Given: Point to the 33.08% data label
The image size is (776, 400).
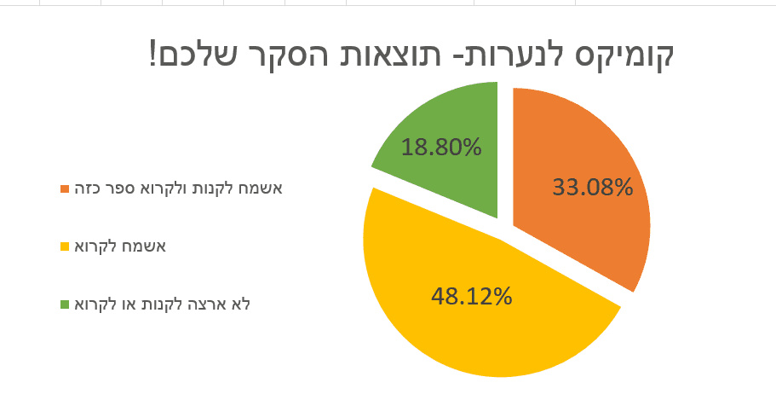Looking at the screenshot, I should pos(593,187).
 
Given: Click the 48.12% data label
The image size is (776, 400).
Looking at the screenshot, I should pos(471,296).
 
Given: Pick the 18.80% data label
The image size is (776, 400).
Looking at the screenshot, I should pos(441,147).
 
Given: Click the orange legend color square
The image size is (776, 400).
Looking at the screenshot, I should pos(65,188).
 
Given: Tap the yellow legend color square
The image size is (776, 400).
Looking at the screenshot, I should pos(65,246).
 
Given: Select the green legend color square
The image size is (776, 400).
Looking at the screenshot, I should pos(65,304).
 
